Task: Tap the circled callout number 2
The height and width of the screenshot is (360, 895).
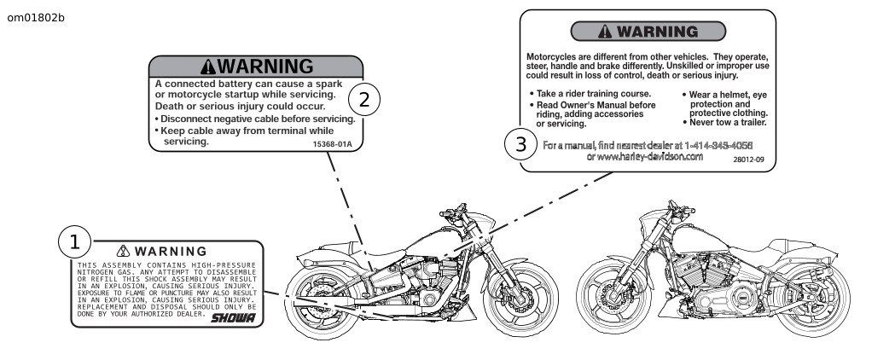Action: tap(364, 99)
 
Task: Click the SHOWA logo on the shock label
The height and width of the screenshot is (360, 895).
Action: tap(234, 316)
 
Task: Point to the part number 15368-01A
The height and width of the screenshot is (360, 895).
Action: tap(334, 145)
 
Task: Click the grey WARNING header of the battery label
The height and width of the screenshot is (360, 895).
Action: tap(256, 67)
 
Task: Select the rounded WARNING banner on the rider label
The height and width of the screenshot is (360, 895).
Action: tap(648, 32)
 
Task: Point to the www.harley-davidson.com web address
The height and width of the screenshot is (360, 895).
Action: tap(645, 156)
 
